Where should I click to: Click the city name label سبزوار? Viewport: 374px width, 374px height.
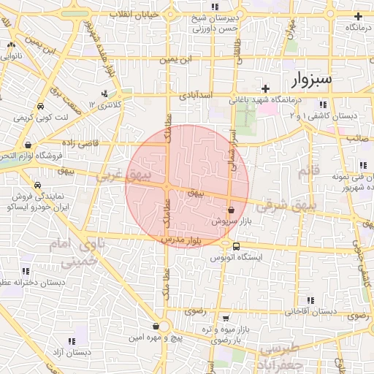[308, 78]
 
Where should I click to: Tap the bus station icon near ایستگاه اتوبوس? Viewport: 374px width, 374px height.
[237, 245]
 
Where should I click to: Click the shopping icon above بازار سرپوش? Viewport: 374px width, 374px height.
[231, 209]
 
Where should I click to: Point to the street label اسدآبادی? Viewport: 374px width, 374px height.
[196, 95]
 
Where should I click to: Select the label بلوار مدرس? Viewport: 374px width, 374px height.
[183, 240]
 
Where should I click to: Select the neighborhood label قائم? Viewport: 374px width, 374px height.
[308, 172]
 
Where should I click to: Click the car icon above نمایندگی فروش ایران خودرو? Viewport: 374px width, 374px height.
[37, 184]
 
